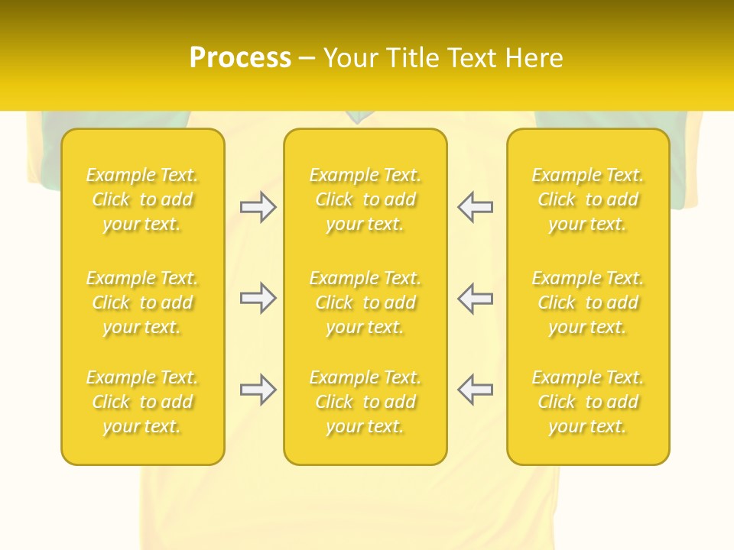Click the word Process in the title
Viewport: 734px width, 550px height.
[x=240, y=57]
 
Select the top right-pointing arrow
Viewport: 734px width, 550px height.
[x=258, y=207]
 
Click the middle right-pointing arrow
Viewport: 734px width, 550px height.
[x=258, y=298]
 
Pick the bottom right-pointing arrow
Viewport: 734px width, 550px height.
[x=258, y=390]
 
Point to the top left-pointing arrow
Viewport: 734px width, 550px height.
[x=475, y=207]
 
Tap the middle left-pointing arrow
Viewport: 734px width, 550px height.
[x=475, y=298]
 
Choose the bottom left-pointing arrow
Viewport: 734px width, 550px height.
[x=475, y=390]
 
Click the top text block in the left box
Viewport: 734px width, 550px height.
[x=142, y=199]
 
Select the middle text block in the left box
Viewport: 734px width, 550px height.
[x=142, y=302]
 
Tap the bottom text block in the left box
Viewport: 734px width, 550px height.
[x=142, y=402]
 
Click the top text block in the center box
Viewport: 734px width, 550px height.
[x=365, y=199]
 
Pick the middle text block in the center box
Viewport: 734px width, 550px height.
[x=365, y=302]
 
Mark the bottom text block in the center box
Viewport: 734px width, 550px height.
[x=365, y=402]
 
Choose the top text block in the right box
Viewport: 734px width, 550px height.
[x=588, y=199]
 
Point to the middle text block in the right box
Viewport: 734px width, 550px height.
[x=588, y=302]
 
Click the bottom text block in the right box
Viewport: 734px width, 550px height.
[x=588, y=402]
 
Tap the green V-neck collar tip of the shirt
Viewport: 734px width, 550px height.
[x=356, y=118]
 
